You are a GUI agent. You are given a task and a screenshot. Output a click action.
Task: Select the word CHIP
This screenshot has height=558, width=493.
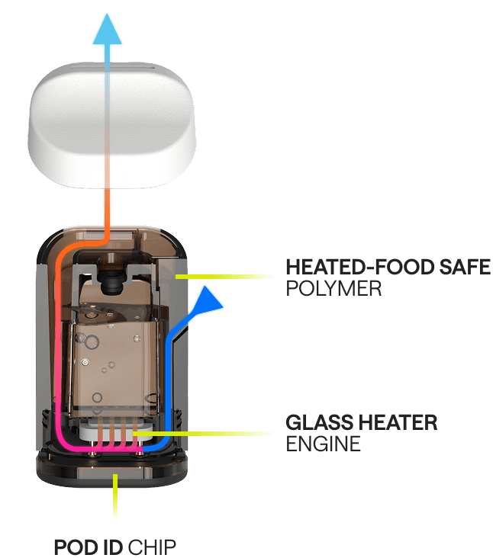point(153,547)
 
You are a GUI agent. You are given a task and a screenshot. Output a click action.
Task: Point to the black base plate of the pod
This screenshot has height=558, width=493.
point(115,468)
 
